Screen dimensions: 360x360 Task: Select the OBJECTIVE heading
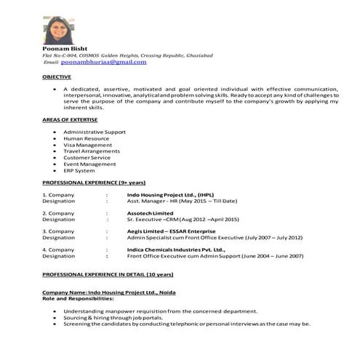pos(57,76)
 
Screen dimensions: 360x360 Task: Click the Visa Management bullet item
pos(89,145)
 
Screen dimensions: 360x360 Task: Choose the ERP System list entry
pos(83,170)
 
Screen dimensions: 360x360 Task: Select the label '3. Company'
pos(59,231)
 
